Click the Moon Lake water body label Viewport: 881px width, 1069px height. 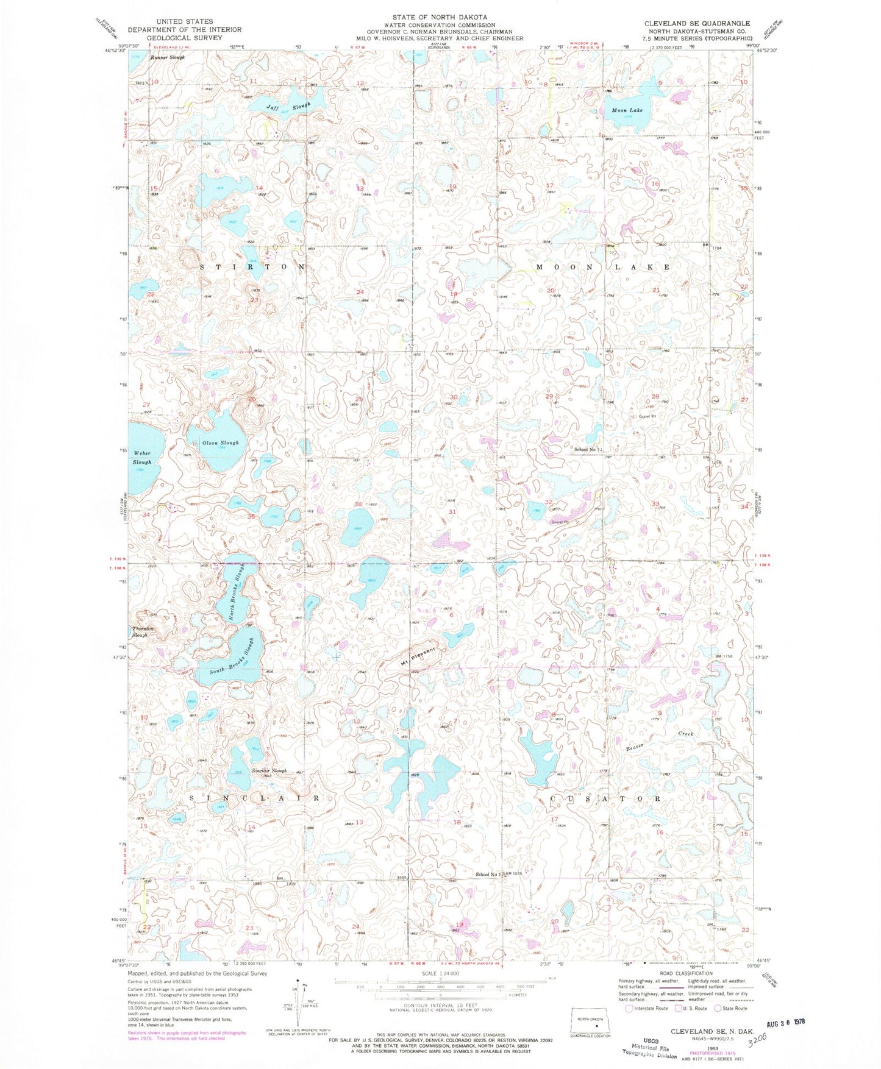click(627, 110)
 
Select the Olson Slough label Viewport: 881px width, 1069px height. click(222, 442)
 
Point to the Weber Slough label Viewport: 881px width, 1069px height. click(142, 458)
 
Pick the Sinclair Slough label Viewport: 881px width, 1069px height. click(269, 770)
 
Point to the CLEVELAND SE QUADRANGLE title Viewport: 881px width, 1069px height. click(697, 23)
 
